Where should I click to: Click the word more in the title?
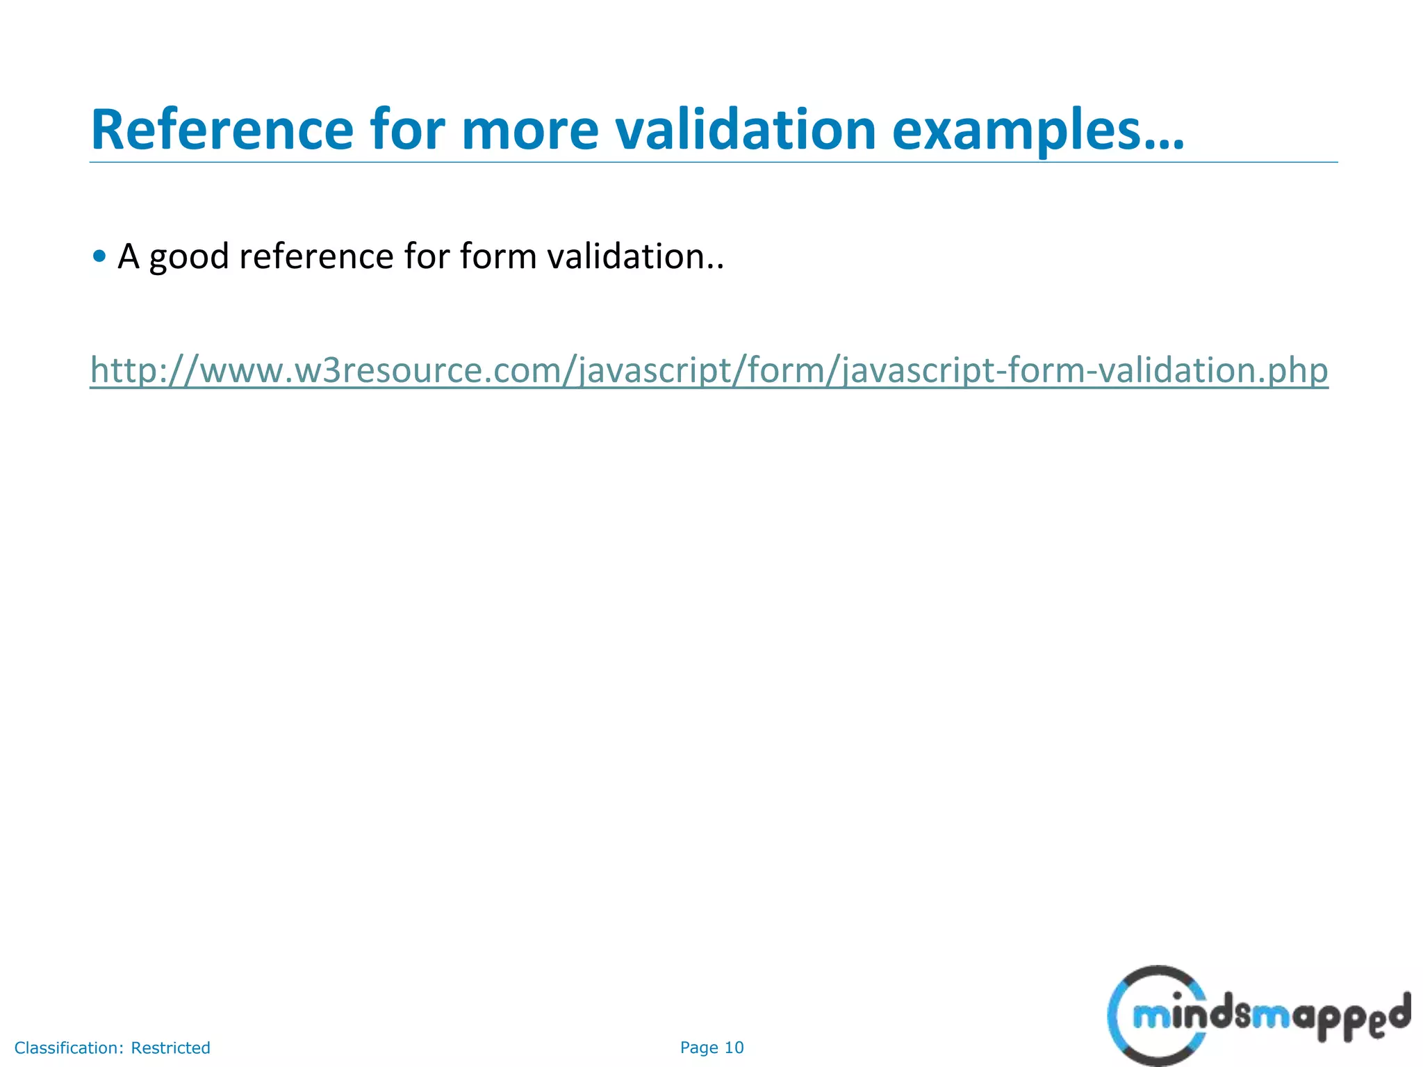(529, 130)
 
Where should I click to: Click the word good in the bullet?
(189, 257)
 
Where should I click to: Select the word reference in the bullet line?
(316, 256)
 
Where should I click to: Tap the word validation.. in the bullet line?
(635, 256)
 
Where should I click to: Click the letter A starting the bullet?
(129, 256)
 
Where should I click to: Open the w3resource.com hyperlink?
(709, 370)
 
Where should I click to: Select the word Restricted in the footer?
(170, 1048)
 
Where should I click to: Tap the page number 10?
(734, 1048)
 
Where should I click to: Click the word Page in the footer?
(699, 1048)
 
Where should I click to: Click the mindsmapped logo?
(1258, 1016)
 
